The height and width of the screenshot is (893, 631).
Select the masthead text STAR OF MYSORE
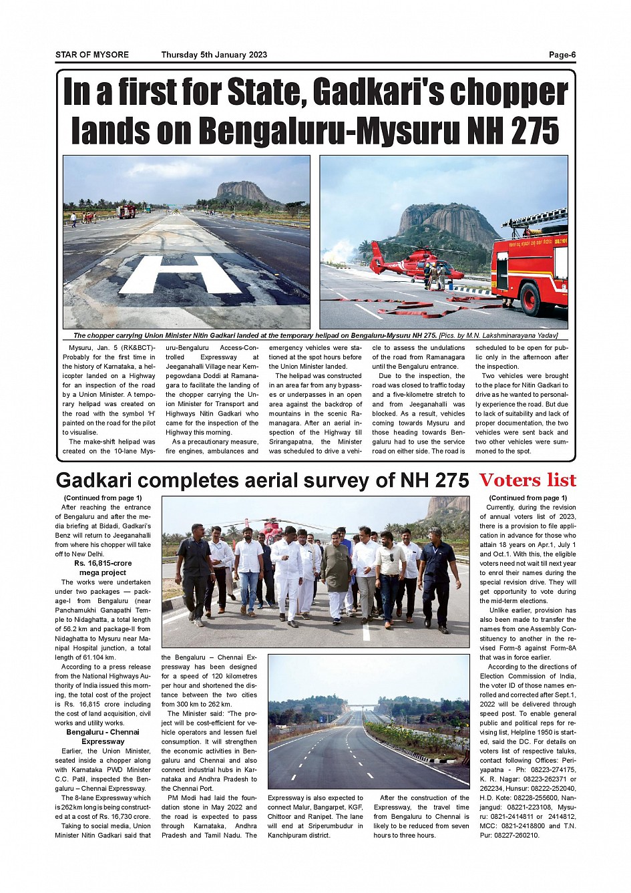click(x=92, y=55)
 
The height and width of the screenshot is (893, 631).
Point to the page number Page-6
click(x=562, y=55)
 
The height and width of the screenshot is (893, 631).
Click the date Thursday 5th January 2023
click(x=214, y=55)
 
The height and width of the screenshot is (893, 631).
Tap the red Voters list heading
click(x=528, y=480)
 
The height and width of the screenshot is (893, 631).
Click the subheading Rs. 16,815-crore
click(x=103, y=563)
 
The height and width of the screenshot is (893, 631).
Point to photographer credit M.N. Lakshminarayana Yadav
click(x=509, y=335)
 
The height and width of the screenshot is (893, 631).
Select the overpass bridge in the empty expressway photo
click(x=364, y=705)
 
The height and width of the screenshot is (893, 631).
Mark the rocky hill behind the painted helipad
click(x=244, y=192)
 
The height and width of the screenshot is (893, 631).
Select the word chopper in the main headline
click(x=508, y=92)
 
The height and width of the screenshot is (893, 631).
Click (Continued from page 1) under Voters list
click(x=528, y=498)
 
